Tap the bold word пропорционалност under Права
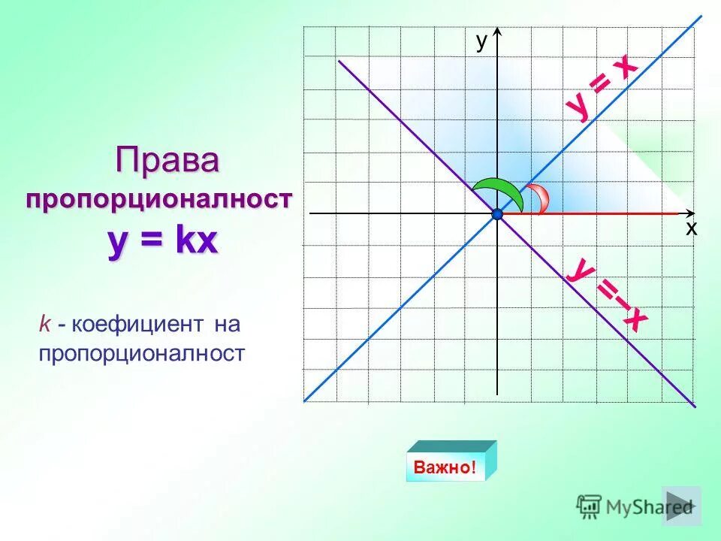[158, 200]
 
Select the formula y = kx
[163, 242]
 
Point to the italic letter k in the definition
[45, 325]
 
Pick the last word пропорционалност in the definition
[142, 354]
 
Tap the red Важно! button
[444, 467]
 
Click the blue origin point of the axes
[497, 215]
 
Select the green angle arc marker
[499, 193]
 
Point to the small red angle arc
[539, 198]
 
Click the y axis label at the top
[481, 42]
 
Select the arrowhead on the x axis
[689, 214]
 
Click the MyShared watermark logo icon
[590, 506]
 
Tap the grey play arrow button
[682, 506]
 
